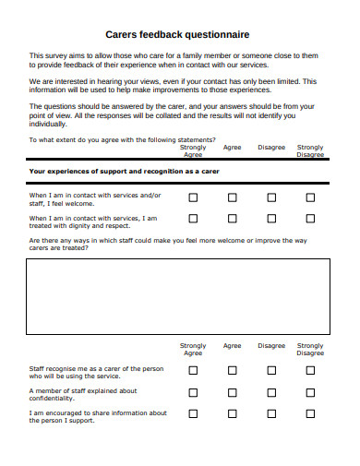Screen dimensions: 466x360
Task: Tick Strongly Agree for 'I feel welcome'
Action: click(193, 197)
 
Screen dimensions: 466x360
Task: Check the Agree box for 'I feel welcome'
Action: click(233, 197)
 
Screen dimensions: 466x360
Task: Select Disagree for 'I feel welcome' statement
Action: click(271, 197)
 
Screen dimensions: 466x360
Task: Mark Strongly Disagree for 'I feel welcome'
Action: click(311, 197)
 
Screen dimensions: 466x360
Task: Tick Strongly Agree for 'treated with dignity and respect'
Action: click(193, 219)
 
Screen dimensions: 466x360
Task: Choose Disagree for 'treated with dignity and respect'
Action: click(271, 219)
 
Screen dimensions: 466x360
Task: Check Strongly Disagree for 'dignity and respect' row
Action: click(311, 219)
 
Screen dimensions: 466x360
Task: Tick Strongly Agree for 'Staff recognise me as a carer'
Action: click(193, 370)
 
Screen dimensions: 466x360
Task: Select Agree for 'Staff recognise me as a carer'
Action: click(233, 370)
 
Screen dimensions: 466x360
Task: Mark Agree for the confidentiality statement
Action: click(233, 391)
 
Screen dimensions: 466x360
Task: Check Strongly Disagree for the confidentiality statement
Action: click(311, 391)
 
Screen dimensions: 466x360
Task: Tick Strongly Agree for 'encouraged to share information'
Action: click(193, 413)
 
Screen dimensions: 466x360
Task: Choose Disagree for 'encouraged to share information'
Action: click(271, 413)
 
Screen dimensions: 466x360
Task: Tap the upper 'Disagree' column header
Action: click(271, 147)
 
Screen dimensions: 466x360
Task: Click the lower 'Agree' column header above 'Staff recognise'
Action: click(233, 346)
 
